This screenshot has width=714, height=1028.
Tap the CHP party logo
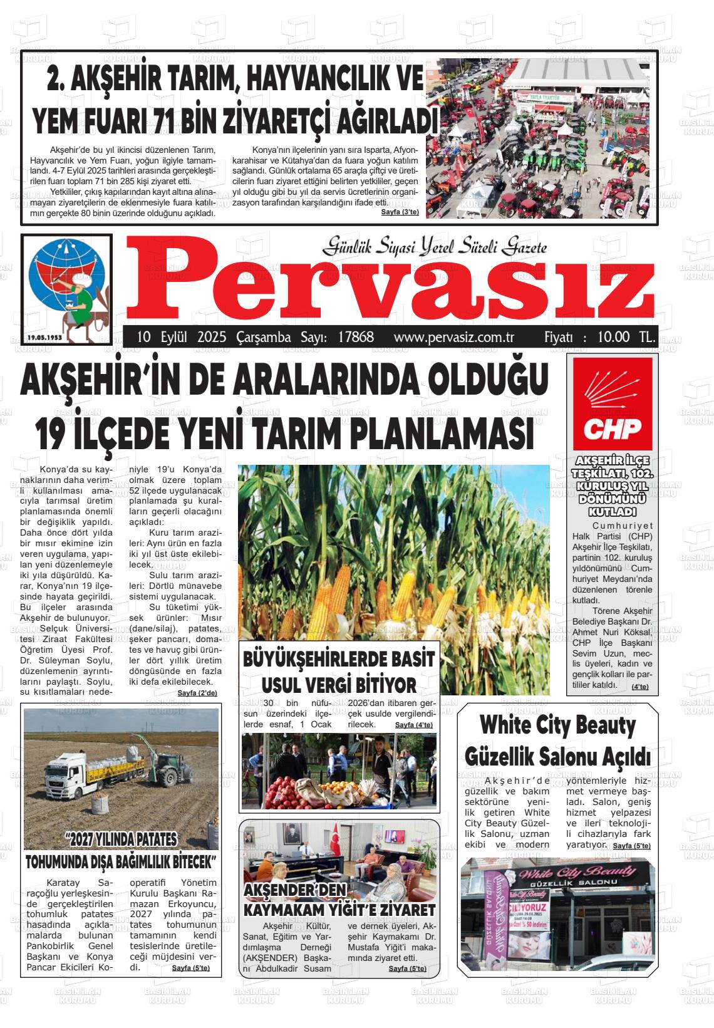[x=604, y=404]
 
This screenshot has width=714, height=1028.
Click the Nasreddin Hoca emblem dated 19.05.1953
[x=66, y=289]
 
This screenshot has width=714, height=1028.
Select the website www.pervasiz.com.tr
[x=454, y=337]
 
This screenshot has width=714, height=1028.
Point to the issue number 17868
[x=355, y=337]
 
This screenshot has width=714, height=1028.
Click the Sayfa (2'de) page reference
[x=197, y=693]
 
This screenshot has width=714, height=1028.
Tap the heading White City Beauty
[x=557, y=726]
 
